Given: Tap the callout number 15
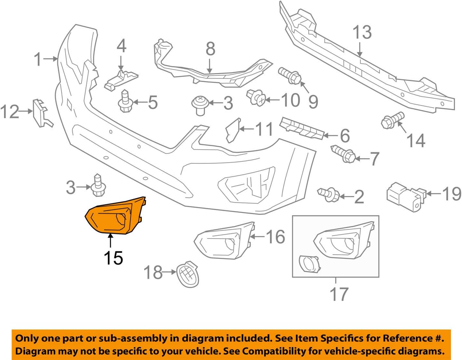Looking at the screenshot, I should tap(113, 258).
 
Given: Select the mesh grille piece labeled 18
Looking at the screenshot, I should tap(187, 274).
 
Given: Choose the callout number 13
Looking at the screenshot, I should tap(362, 32).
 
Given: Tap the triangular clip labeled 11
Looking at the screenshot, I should tap(232, 130).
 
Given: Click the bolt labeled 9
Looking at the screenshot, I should tap(290, 76).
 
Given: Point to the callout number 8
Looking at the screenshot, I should tap(210, 49).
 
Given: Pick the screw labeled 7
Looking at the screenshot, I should tap(343, 155).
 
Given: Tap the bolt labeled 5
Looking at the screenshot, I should tap(125, 102).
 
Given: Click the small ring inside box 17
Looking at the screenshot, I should tap(309, 263).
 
